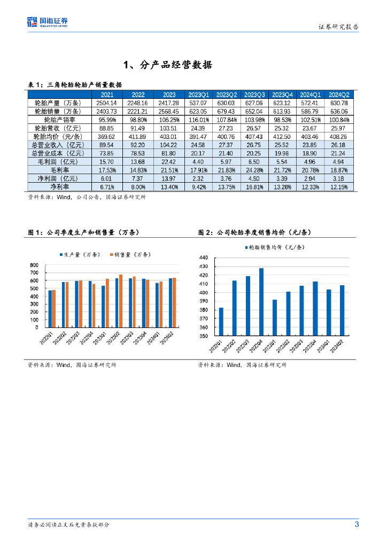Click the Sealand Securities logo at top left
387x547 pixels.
point(48,22)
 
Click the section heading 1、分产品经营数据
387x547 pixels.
point(168,65)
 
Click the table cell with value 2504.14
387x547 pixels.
point(106,103)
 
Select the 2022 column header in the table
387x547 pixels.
point(137,95)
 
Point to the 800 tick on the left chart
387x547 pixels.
point(34,265)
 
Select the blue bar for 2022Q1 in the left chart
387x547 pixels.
point(50,309)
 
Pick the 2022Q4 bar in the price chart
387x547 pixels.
point(261,302)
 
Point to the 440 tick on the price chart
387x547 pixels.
point(203,258)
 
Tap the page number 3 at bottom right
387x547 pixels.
point(357,524)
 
